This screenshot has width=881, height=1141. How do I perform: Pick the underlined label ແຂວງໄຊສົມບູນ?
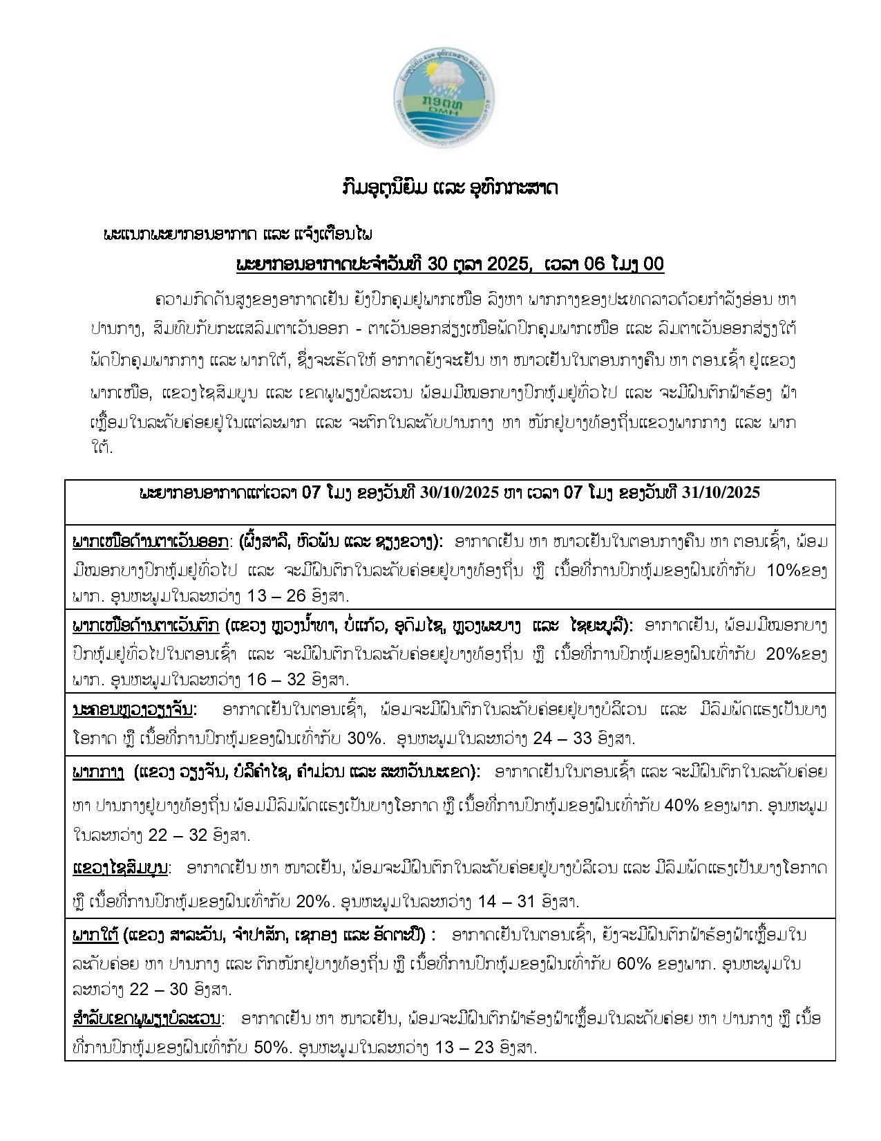(x=120, y=867)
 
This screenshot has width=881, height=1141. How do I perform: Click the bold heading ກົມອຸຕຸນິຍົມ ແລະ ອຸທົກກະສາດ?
(x=440, y=188)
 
